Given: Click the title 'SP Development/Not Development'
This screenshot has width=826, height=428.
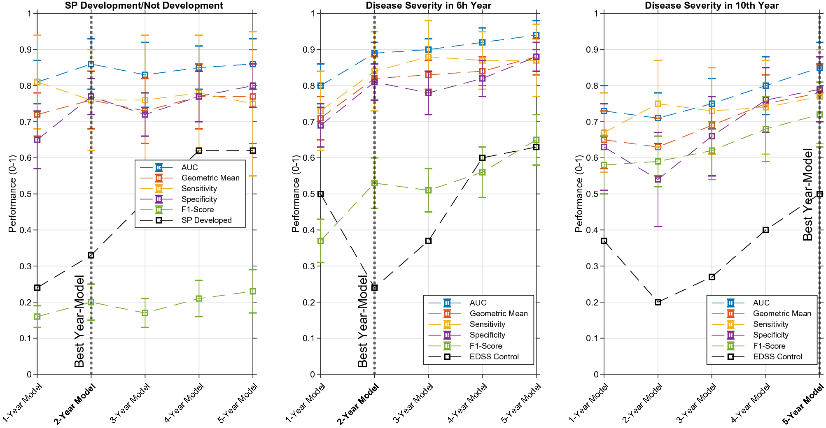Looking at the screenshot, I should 144,5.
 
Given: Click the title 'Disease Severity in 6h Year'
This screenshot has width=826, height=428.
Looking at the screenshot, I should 428,5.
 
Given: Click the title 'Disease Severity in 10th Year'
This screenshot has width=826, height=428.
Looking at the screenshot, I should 712,5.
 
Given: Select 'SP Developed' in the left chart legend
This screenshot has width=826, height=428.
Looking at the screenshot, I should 206,220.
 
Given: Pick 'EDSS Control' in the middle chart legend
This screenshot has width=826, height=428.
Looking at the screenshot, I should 494,357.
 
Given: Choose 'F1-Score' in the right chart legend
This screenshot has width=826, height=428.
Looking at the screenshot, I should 769,346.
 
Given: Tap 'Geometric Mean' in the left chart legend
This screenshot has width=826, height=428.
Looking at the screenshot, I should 210,178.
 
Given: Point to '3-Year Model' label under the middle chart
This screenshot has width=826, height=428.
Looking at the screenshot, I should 414,403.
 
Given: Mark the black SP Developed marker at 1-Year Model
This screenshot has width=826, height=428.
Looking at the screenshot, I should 37,288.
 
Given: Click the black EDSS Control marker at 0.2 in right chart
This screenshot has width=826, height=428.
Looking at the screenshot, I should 658,302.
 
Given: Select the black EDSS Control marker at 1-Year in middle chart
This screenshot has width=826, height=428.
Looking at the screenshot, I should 321,194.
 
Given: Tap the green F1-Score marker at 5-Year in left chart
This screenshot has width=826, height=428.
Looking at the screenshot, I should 253,292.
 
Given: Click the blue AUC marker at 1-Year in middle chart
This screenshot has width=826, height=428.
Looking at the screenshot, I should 321,86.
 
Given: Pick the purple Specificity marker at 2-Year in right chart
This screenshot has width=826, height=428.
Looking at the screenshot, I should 658,180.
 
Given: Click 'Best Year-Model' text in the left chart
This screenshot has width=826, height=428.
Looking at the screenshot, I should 79,321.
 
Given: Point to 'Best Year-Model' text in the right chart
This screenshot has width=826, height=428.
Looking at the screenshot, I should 807,194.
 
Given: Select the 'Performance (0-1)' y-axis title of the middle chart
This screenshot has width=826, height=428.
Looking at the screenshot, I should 295,194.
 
